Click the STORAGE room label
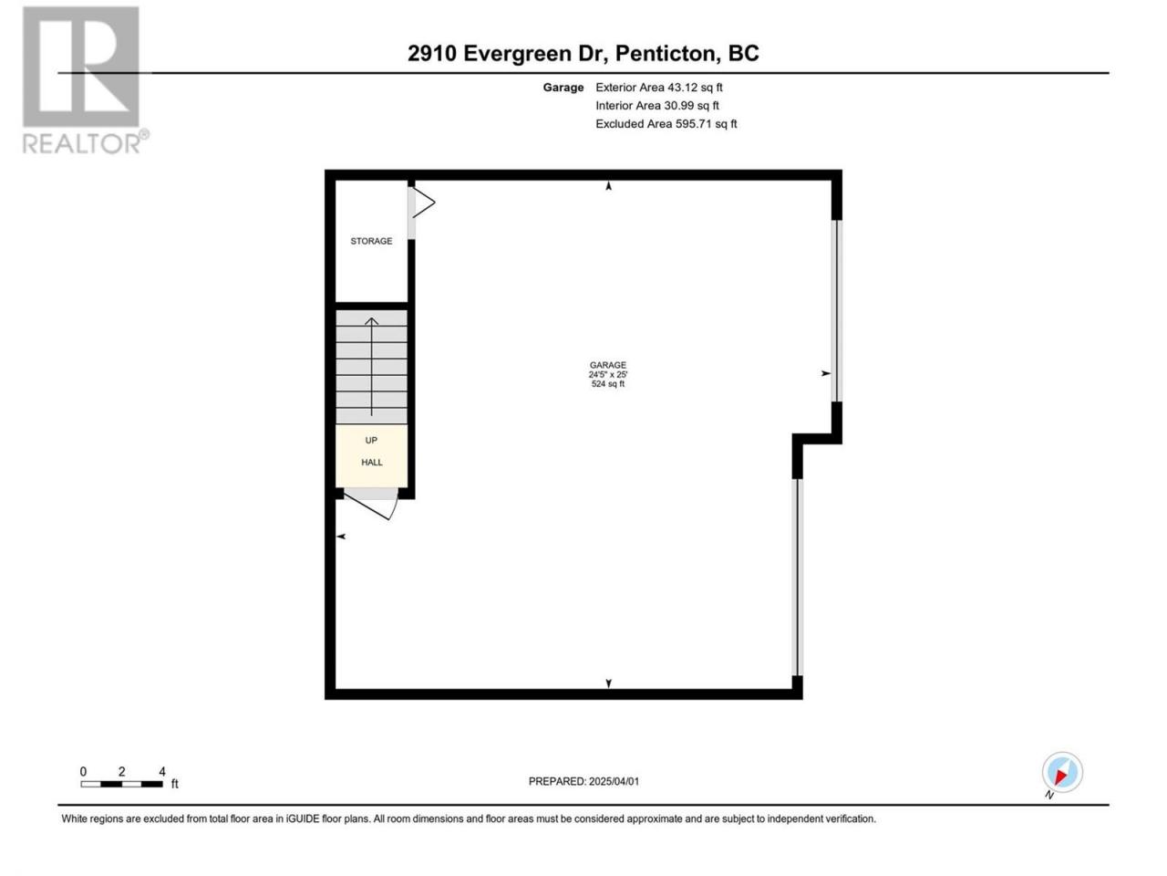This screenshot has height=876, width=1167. [x=371, y=241]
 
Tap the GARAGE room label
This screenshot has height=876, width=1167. [x=608, y=365]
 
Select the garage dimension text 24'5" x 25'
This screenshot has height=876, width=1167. [x=608, y=374]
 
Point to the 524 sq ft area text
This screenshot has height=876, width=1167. [x=608, y=384]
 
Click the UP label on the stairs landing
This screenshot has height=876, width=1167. [x=371, y=440]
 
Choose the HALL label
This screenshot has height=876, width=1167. [x=372, y=463]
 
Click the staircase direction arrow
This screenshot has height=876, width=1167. [x=371, y=367]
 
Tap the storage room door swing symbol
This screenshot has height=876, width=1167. [x=424, y=202]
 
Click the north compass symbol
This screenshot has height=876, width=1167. [x=1062, y=772]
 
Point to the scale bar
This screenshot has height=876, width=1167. [x=122, y=784]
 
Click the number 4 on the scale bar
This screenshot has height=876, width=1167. [x=162, y=771]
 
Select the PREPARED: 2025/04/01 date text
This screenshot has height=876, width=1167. [x=583, y=781]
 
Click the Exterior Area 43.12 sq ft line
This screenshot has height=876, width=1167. [x=659, y=88]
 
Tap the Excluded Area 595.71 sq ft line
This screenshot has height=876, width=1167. [x=666, y=124]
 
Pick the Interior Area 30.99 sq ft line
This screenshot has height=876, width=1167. [x=657, y=105]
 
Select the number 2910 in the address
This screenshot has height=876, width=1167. [x=432, y=53]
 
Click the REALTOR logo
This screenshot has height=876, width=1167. [x=85, y=80]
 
